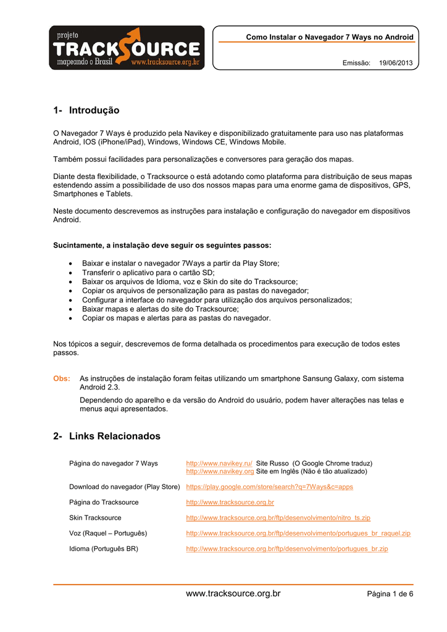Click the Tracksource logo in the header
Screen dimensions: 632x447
tap(127, 48)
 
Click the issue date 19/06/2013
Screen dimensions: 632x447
tap(396, 63)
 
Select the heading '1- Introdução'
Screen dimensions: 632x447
tap(86, 110)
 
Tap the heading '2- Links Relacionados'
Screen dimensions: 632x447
tap(107, 436)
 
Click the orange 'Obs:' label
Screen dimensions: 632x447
tap(62, 378)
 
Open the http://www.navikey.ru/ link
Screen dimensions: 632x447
tap(219, 463)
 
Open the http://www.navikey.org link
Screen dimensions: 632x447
tap(220, 471)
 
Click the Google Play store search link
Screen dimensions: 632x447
tap(269, 486)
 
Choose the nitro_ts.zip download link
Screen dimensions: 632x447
tap(278, 517)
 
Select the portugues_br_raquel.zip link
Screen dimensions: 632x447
tap(298, 533)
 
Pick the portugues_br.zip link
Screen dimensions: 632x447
tap(286, 548)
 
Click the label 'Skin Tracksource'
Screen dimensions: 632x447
tap(95, 517)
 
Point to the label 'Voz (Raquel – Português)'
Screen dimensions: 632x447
tap(108, 533)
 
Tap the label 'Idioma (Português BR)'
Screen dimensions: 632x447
tap(103, 548)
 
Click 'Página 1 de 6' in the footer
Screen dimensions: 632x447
tap(390, 594)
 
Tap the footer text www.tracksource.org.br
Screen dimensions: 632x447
tap(233, 594)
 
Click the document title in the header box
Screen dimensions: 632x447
tap(330, 38)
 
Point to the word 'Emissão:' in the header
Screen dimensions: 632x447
tap(356, 63)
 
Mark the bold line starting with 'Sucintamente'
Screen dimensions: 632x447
tap(162, 245)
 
